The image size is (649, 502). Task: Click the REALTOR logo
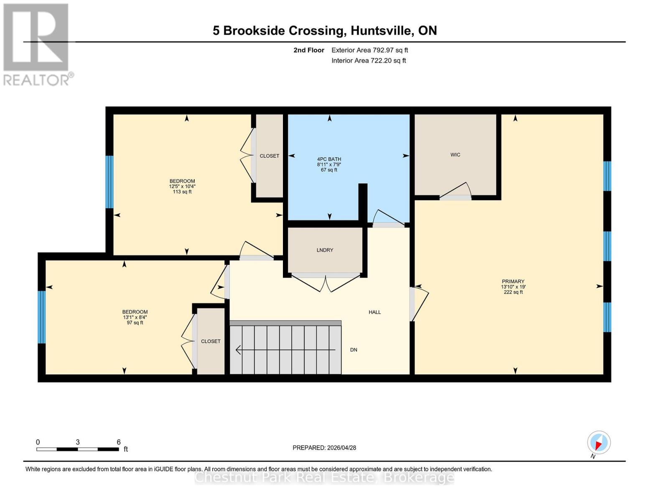(x=36, y=44)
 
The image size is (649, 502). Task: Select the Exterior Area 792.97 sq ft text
(x=369, y=50)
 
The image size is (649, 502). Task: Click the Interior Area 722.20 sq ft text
(x=369, y=61)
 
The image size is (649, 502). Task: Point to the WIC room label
(x=455, y=155)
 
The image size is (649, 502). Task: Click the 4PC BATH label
(x=329, y=159)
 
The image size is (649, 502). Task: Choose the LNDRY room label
(x=325, y=250)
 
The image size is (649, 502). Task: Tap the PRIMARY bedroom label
(x=513, y=282)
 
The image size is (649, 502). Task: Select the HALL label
(x=374, y=312)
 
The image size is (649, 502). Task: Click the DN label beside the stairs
(x=354, y=350)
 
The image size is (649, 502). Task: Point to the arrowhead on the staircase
(x=239, y=350)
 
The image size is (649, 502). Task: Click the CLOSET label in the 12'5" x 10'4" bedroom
(x=269, y=156)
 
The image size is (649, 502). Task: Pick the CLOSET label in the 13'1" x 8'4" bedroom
(x=211, y=341)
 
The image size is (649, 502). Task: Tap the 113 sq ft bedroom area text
(x=182, y=192)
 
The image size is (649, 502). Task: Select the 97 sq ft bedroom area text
(x=135, y=323)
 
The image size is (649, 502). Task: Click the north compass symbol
(x=598, y=443)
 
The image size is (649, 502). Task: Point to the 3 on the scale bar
(x=78, y=442)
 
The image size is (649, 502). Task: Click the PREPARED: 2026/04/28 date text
(x=324, y=448)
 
